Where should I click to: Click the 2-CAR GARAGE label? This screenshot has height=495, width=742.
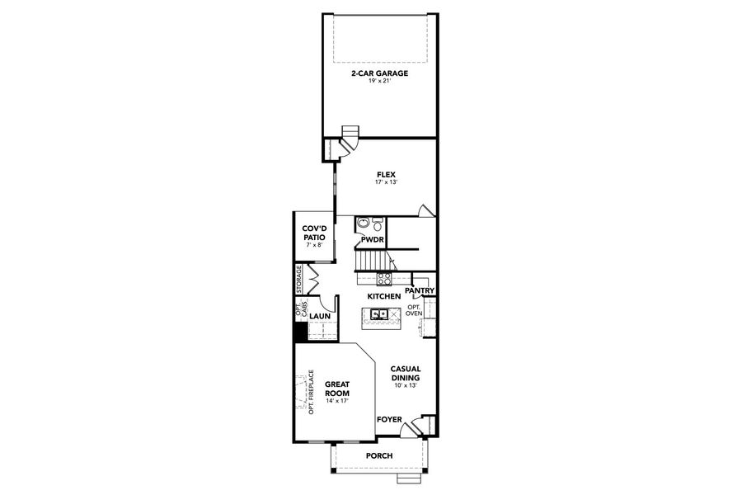tap(379, 73)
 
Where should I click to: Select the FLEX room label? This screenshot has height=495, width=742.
tap(387, 174)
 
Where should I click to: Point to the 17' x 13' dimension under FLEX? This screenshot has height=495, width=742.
tap(387, 182)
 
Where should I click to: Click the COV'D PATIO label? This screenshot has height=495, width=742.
tap(314, 233)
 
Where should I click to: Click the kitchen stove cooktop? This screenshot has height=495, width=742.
tap(384, 279)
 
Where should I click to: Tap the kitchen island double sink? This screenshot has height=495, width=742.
tap(380, 314)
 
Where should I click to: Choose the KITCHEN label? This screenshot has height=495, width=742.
tap(384, 296)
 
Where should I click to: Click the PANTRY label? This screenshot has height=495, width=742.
tap(420, 290)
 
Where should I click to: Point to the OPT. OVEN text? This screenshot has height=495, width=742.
tap(414, 310)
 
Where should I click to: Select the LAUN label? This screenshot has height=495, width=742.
tap(320, 316)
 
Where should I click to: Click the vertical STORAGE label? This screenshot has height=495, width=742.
tap(299, 280)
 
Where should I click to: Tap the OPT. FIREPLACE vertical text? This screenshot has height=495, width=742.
tap(312, 392)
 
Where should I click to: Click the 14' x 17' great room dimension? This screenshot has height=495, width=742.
tap(337, 402)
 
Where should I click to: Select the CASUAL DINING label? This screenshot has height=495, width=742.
tap(406, 374)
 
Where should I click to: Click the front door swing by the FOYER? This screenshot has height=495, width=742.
tap(418, 427)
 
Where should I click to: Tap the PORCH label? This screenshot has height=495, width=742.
tap(379, 456)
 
